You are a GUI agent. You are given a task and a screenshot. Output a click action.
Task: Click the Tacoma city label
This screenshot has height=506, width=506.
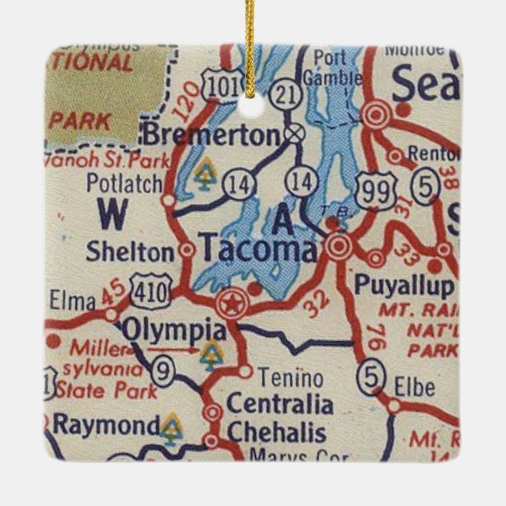pos(260,251)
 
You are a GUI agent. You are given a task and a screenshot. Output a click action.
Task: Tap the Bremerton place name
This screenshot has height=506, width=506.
pos(211,134)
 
